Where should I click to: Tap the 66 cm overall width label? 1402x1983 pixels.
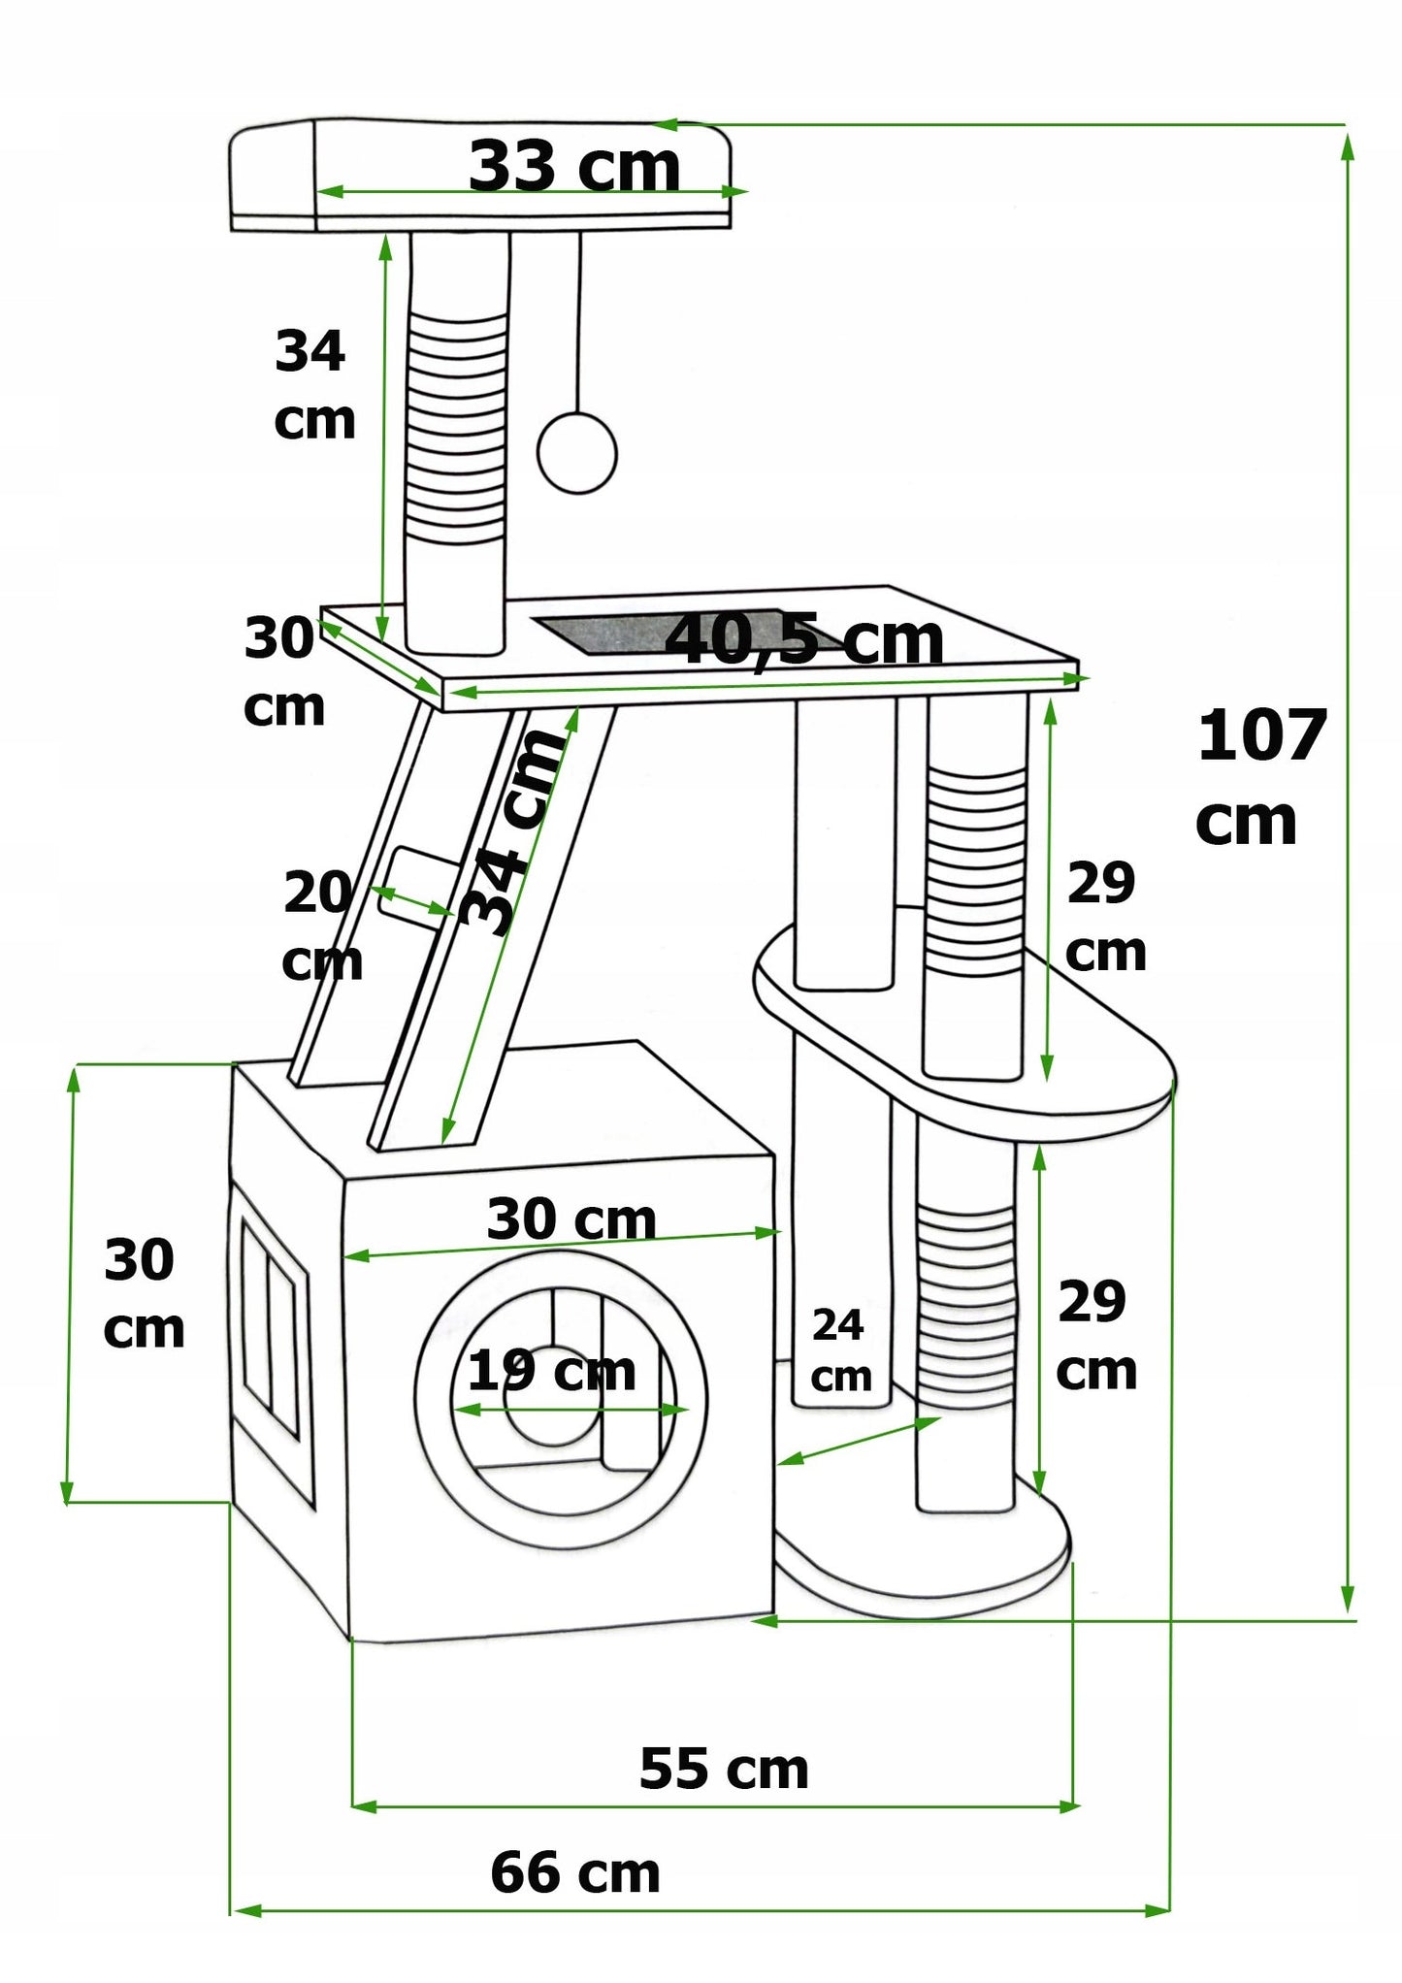click(575, 1872)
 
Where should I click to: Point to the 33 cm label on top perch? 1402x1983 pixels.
click(574, 166)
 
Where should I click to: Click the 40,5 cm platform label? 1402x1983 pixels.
click(804, 641)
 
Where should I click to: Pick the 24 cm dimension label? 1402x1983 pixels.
click(840, 1349)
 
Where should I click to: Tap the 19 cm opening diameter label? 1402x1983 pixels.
click(551, 1371)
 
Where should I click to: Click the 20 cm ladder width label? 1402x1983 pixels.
click(320, 926)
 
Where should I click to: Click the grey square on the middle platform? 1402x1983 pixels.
click(679, 634)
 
